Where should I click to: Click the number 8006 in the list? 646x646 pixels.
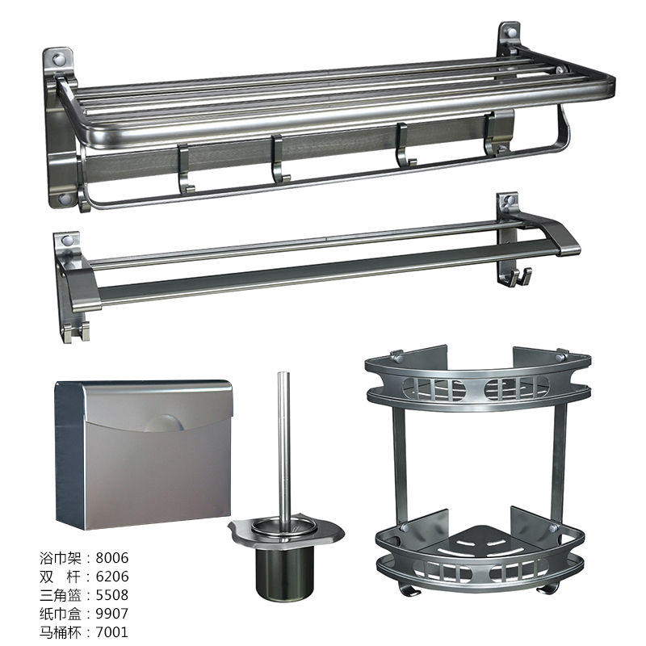pos(112,558)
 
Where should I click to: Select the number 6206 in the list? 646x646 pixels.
pos(112,577)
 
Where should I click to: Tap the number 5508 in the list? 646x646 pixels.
pos(112,595)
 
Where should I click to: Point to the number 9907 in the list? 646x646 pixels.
pos(112,614)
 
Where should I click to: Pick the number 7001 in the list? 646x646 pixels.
pos(112,632)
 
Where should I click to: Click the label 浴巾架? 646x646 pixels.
pos(60,558)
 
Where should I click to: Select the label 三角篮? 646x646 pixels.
pos(60,595)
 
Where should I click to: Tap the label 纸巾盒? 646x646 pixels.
pos(60,614)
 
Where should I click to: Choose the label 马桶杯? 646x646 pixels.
pos(60,632)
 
